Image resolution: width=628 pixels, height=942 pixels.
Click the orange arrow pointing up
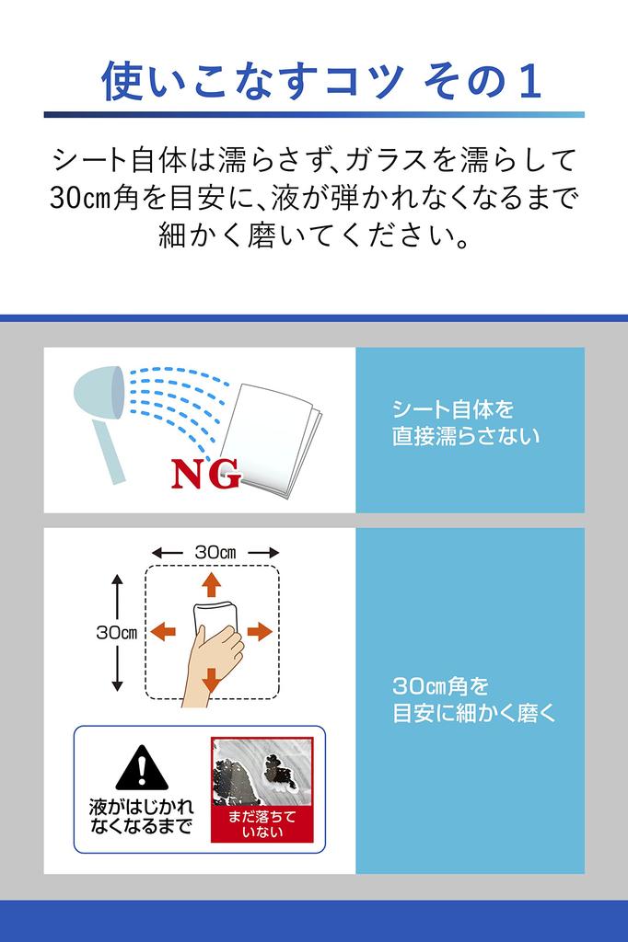point(211,585)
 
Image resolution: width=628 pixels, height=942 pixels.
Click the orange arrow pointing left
point(163,631)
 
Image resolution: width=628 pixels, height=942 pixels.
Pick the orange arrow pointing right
point(260,631)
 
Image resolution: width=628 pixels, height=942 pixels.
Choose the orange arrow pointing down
point(211,679)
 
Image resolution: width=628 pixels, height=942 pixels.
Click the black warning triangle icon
point(141,767)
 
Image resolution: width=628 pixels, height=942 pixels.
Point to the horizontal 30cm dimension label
point(215,551)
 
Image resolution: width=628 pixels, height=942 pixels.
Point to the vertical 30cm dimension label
point(117,632)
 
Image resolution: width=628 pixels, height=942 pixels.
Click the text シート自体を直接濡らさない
point(466,423)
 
